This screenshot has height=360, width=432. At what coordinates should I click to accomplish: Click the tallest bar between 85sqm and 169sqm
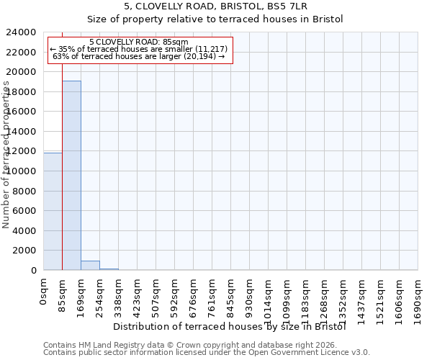[71, 175]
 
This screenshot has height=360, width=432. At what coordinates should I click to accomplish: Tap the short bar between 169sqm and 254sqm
[90, 265]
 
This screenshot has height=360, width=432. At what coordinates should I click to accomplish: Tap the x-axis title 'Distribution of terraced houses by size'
[230, 326]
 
